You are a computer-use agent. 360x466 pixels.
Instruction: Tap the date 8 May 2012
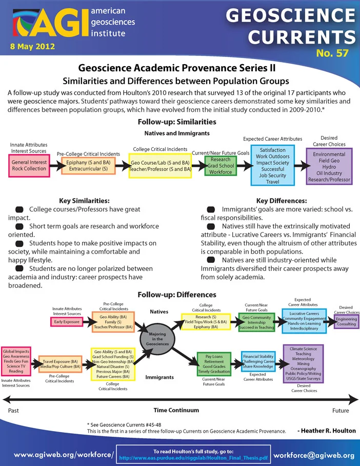pos(32,47)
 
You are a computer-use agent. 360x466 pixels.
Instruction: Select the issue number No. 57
pos(332,53)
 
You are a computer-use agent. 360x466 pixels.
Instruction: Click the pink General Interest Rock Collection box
pos(29,166)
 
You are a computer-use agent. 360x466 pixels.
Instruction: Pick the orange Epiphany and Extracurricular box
pos(88,166)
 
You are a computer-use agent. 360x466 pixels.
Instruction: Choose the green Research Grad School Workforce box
pos(221,166)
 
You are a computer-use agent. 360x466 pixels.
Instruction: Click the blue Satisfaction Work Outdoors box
pos(273,166)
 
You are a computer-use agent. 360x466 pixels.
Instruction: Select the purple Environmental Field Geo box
pos(329,167)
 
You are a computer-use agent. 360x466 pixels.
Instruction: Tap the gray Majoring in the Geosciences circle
pos(157,339)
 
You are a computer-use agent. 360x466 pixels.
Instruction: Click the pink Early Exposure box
pos(67,322)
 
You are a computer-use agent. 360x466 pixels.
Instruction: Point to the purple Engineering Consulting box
pos(346,322)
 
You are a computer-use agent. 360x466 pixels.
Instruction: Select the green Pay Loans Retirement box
pos(214,364)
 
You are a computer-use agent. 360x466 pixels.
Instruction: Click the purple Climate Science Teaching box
pos(303,364)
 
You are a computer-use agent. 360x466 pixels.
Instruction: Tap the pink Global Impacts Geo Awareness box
pos(16,361)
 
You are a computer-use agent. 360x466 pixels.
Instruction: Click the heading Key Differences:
pos(282,201)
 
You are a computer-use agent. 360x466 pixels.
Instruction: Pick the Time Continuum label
pos(176,410)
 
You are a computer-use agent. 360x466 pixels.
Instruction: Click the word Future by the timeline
pos(341,411)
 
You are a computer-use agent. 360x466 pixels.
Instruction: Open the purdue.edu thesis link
pos(193,458)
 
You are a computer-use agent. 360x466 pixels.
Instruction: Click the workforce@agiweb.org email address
pos(314,455)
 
